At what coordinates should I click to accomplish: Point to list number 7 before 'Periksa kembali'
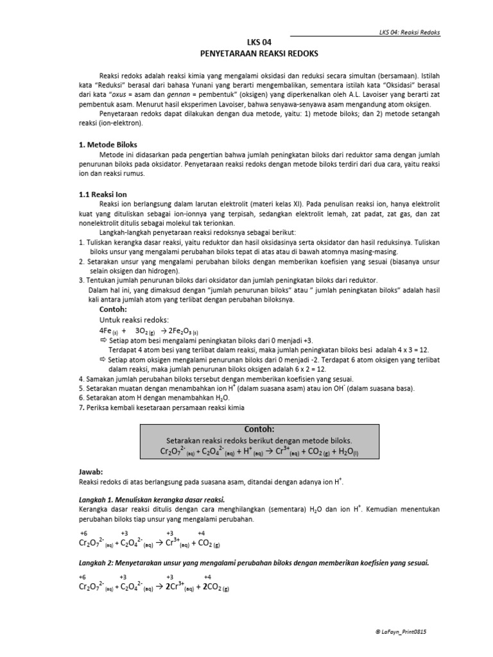click(80, 409)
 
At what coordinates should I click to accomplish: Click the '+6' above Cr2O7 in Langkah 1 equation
click(83, 533)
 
